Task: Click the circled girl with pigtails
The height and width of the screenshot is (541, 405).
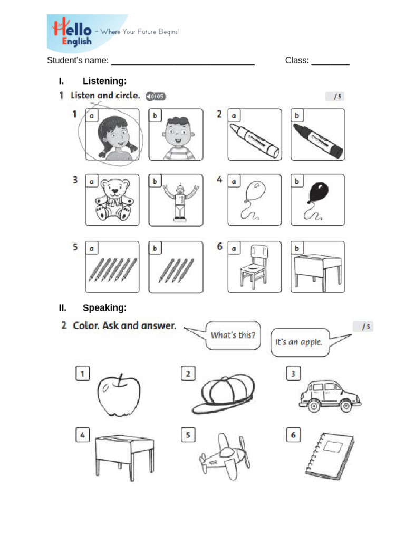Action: pyautogui.click(x=112, y=136)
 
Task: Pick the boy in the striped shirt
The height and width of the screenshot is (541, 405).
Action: pyautogui.click(x=176, y=136)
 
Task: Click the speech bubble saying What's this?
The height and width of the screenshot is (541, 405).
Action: pyautogui.click(x=233, y=335)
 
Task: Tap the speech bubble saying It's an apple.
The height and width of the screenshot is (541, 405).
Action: pyautogui.click(x=299, y=341)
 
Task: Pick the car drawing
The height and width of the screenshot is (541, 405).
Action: pyautogui.click(x=329, y=396)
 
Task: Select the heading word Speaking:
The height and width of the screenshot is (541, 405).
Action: pyautogui.click(x=104, y=307)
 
